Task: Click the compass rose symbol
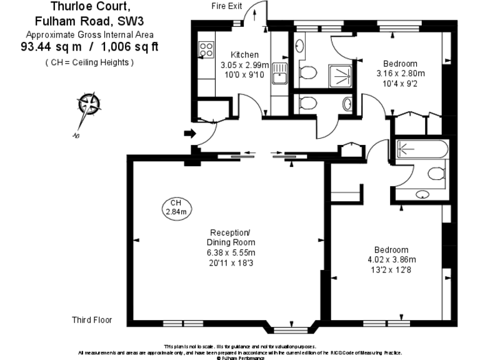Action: (x=89, y=104)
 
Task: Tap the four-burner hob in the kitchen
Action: (x=206, y=49)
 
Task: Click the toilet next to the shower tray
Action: (x=307, y=75)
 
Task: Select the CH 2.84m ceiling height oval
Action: (x=176, y=207)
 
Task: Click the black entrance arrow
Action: (x=189, y=132)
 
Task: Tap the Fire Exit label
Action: (x=226, y=6)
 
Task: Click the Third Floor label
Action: (x=92, y=320)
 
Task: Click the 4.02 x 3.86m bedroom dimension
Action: (x=391, y=260)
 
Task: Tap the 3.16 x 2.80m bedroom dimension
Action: (x=400, y=73)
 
